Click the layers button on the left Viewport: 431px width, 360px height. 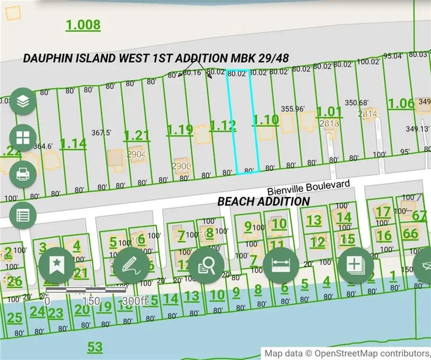tap(23, 101)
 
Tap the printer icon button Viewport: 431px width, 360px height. tap(23, 173)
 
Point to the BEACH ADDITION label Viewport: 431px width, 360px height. tap(263, 202)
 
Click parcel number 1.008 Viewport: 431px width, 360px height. tap(83, 25)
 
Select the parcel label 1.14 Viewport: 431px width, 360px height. tap(73, 143)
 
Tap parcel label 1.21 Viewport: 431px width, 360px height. tap(136, 135)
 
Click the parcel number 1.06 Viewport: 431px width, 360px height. tap(401, 103)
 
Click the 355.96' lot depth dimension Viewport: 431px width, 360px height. tap(293, 109)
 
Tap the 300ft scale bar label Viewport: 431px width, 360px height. tap(135, 301)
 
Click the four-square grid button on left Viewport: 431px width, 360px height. tap(23, 137)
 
